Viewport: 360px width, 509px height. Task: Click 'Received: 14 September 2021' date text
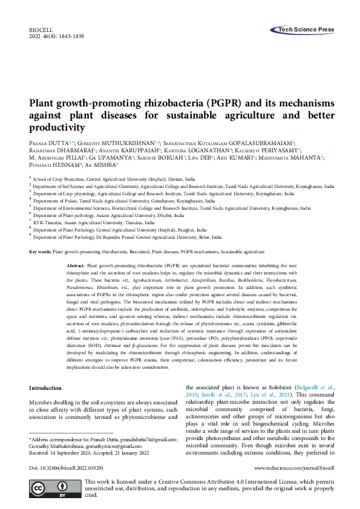pyautogui.click(x=67, y=450)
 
